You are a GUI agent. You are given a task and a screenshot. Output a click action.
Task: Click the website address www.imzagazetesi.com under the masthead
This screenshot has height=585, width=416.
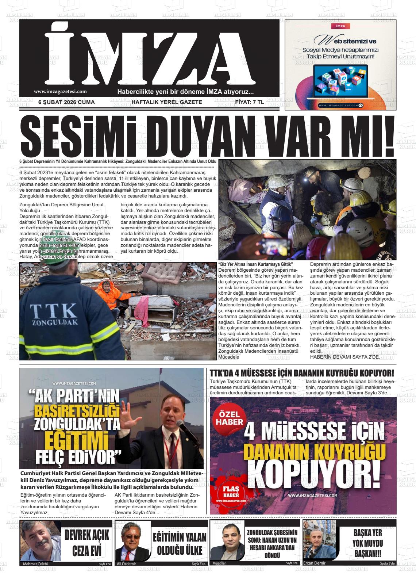point(60,92)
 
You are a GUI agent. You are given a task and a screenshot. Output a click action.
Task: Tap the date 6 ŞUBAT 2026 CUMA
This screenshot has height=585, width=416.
point(66,102)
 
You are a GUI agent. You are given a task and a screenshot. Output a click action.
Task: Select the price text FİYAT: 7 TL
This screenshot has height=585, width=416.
point(249,102)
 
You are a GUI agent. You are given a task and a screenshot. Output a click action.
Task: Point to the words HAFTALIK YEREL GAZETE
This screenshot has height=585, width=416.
point(166,102)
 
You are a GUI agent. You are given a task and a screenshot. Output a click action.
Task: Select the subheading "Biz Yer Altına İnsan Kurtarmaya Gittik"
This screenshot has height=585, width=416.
point(255,264)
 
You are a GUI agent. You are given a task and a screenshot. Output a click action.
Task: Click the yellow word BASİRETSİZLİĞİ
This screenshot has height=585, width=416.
point(77,412)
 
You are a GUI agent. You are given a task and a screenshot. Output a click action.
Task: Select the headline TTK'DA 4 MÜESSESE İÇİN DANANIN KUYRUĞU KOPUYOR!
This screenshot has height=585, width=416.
point(302,373)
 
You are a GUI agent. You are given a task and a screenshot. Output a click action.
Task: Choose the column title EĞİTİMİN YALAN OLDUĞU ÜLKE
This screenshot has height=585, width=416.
point(179,544)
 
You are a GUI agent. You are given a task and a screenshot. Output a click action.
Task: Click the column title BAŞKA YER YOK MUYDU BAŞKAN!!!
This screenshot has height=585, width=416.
point(367,543)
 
